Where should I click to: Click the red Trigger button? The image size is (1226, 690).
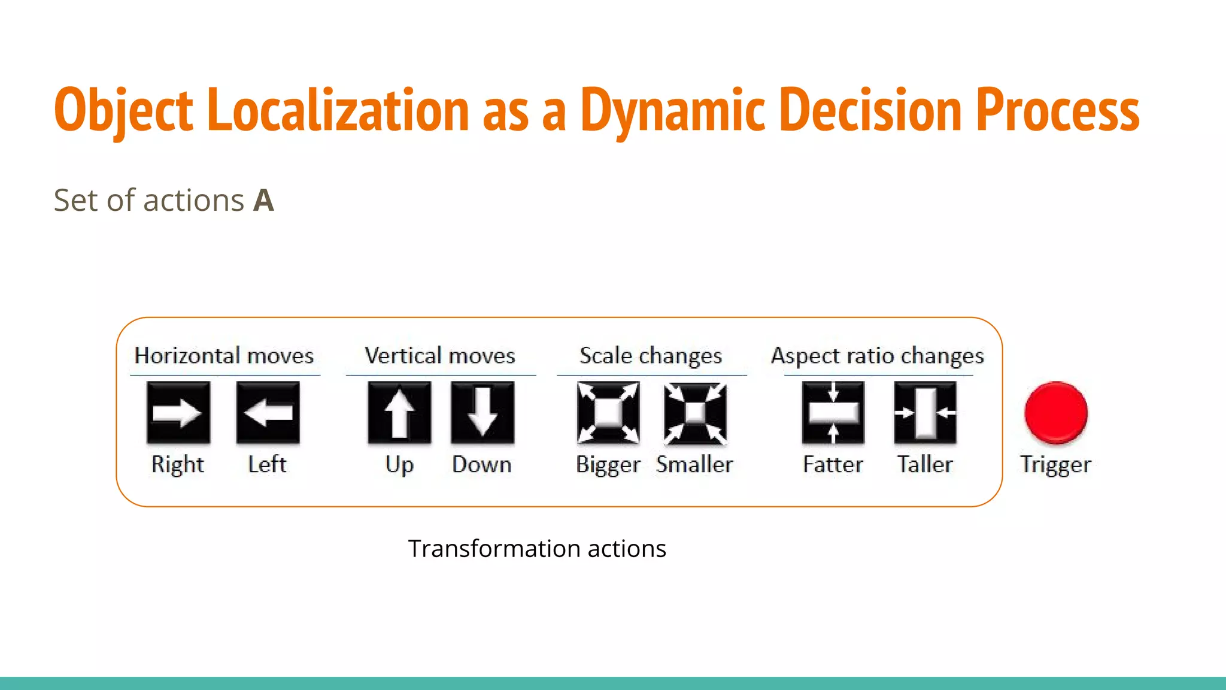(x=1055, y=413)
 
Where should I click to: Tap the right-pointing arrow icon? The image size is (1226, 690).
(x=178, y=413)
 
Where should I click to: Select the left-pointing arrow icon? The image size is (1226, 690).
(x=268, y=413)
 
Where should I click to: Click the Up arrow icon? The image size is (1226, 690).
(x=399, y=413)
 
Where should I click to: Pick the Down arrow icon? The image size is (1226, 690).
(x=482, y=413)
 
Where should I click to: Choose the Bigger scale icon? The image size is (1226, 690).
(x=608, y=413)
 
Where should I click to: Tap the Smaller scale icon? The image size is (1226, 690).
(x=695, y=413)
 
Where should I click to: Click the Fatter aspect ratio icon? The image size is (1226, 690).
(x=833, y=413)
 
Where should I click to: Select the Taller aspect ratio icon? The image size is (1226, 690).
(x=925, y=413)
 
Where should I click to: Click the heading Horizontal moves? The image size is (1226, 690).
(x=224, y=356)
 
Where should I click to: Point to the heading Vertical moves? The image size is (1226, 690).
(x=440, y=356)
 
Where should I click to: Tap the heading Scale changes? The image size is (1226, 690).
(x=651, y=356)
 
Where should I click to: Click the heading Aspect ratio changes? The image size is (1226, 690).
(x=877, y=356)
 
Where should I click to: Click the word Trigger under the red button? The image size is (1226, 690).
(x=1055, y=465)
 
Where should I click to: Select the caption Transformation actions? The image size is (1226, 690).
(x=537, y=549)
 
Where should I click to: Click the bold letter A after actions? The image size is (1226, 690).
(x=263, y=200)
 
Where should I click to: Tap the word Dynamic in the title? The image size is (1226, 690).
(x=673, y=110)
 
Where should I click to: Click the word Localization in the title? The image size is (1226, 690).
(x=338, y=110)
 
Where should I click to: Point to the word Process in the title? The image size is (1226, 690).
(x=1057, y=110)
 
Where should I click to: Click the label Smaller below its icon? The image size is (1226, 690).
(x=694, y=464)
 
